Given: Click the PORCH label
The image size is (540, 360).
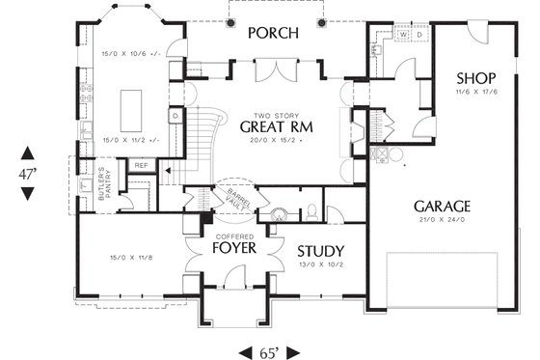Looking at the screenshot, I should click(x=272, y=34).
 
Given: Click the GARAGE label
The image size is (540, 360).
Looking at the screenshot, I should click(x=442, y=206).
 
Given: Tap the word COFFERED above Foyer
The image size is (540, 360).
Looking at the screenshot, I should click(x=233, y=236).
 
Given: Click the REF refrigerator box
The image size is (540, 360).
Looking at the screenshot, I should click(x=141, y=166).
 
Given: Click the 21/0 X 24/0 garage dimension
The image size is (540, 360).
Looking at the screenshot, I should click(x=442, y=220).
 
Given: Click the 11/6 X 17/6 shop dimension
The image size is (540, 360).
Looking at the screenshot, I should click(x=476, y=92).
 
